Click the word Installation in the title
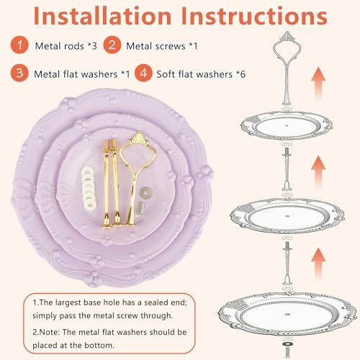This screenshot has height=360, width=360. tap(102, 16)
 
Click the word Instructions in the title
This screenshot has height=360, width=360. tap(254, 16)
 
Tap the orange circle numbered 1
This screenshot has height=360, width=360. tap(19, 45)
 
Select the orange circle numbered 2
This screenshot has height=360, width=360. tap(112, 45)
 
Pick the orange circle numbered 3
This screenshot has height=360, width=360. tap(19, 73)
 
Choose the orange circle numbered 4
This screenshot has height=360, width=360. tap(143, 73)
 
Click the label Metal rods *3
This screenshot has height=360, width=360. tap(66, 46)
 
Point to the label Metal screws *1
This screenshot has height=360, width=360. tap(162, 46)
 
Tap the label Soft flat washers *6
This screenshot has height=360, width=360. tap(201, 74)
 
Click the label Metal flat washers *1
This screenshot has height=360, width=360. tap(82, 74)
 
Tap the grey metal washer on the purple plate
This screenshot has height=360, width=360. tap(145, 192)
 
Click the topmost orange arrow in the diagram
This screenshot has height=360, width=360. tap(318, 83)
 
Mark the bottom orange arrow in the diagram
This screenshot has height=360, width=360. tap(318, 264)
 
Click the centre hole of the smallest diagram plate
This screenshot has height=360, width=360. tap(287, 125)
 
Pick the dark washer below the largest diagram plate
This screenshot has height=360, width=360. tap(287, 344)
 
